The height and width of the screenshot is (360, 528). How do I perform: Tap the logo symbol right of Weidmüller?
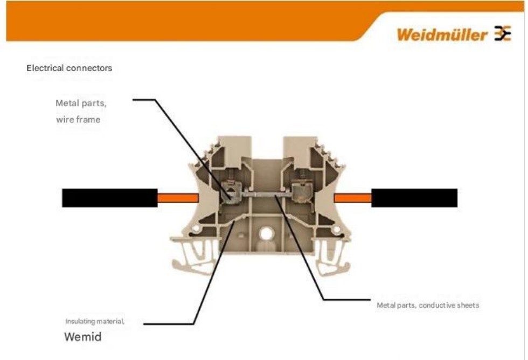[x=503, y=34]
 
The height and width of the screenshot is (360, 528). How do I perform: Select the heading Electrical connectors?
[x=70, y=68]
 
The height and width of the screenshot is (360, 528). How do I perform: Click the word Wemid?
[x=82, y=338]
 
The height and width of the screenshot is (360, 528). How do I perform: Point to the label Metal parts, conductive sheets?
[x=427, y=306]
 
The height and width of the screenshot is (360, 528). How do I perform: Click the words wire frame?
[x=78, y=120]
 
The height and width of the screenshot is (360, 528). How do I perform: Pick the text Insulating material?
[x=95, y=322]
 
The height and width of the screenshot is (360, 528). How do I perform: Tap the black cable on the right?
[x=414, y=198]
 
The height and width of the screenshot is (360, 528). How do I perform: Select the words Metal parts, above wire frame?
[x=81, y=103]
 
